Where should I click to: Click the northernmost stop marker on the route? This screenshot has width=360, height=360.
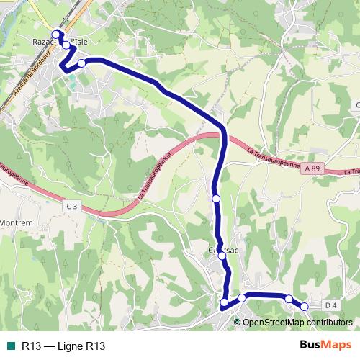55,33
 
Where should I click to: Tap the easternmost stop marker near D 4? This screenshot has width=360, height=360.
305,307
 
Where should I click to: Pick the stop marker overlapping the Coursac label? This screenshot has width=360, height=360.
221,255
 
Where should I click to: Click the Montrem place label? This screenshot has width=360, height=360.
16,223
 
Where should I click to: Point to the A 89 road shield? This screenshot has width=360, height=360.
311,168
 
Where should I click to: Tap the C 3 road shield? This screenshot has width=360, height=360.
71,207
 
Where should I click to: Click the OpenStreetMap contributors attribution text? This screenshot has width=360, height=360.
297,322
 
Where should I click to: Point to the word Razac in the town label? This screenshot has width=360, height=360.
43,42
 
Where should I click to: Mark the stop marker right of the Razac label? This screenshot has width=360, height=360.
66,45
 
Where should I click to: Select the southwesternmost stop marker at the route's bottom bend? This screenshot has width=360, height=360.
224,302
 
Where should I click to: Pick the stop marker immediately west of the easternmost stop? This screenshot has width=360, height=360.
289,299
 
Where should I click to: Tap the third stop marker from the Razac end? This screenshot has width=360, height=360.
81,63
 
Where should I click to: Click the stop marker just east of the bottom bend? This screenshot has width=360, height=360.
242,297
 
